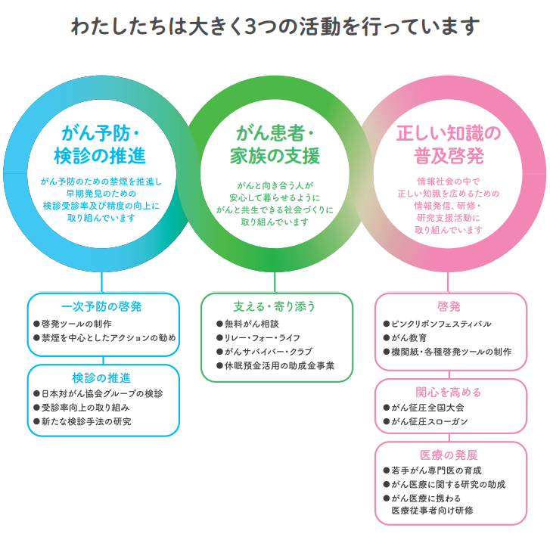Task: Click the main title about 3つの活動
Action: pyautogui.click(x=275, y=26)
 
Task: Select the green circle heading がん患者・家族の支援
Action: pyautogui.click(x=275, y=145)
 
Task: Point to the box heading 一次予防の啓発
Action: pyautogui.click(x=102, y=306)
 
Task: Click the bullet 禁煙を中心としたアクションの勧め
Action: pyautogui.click(x=108, y=337)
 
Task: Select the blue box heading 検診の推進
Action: pyautogui.click(x=102, y=377)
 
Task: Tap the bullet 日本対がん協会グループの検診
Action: pyautogui.click(x=101, y=393)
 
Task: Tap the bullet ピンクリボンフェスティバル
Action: pyautogui.click(x=441, y=324)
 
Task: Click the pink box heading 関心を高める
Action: pyautogui.click(x=449, y=392)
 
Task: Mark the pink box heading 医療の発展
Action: pyautogui.click(x=449, y=455)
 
